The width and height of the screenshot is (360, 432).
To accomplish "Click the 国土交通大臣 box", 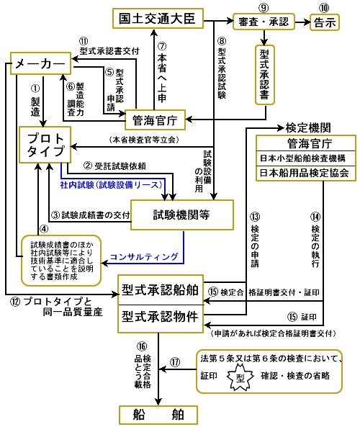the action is click(158, 19).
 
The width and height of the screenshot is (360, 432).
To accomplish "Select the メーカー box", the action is click(40, 63).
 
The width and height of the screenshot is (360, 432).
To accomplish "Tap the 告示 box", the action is click(325, 22).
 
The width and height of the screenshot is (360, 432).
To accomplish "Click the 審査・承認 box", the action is click(264, 22).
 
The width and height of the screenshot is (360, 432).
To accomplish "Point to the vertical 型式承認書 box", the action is click(265, 75).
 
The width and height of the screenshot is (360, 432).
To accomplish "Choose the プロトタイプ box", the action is click(45, 145).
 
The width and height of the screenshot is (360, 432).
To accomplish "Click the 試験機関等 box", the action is click(181, 215).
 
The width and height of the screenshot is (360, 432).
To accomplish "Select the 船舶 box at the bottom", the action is click(158, 415).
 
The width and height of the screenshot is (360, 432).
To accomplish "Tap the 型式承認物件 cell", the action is click(161, 318).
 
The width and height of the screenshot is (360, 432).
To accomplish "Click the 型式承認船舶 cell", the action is click(161, 290).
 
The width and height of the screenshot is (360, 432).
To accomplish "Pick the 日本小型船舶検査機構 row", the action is click(306, 158).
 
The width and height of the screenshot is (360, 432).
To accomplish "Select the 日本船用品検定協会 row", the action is click(306, 174).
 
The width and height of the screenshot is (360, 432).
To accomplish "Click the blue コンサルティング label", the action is click(144, 257).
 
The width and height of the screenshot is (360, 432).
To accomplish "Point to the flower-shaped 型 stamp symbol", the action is click(240, 377).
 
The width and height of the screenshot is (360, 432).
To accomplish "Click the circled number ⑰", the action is click(175, 361).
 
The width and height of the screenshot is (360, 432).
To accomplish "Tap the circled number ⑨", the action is click(264, 8).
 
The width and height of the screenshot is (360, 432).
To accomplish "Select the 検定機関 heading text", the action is click(308, 128).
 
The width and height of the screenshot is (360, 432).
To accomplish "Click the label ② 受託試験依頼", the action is click(114, 166).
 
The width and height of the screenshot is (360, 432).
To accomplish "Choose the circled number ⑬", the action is click(255, 217).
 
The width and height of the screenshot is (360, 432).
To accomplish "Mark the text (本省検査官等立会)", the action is click(144, 140).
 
